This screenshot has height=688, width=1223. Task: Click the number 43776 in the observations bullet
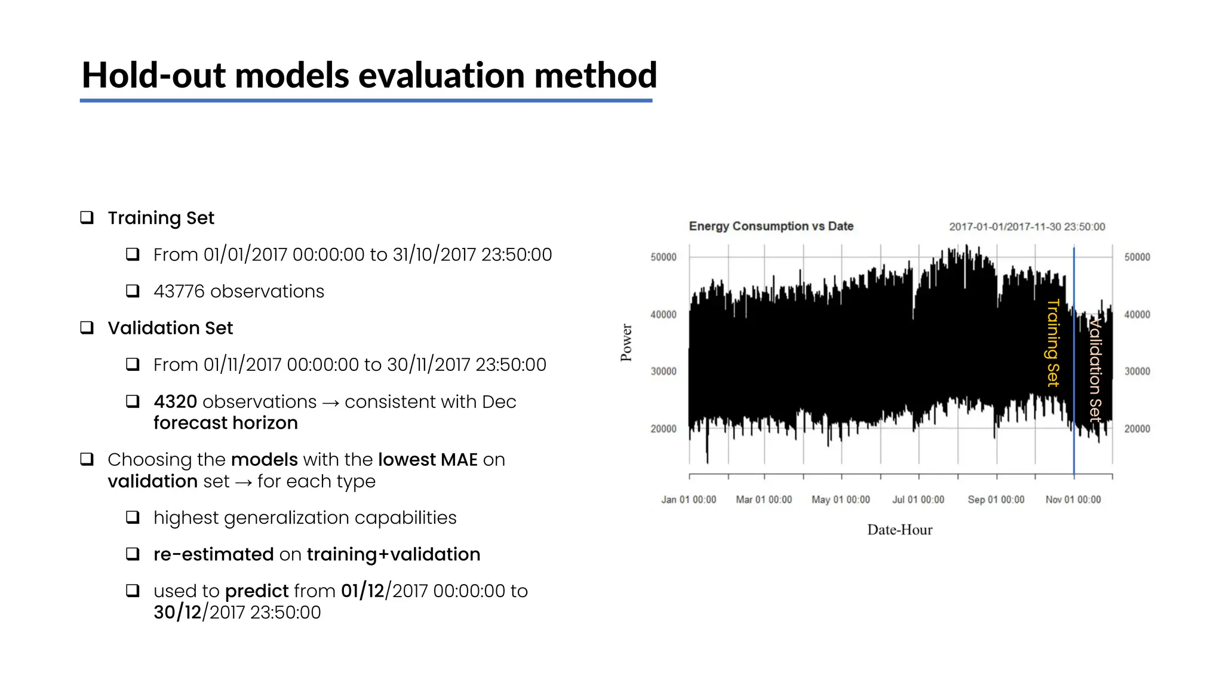(x=179, y=291)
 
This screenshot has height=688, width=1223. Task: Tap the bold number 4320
(x=175, y=402)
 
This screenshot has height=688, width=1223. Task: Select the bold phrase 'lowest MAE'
(x=428, y=460)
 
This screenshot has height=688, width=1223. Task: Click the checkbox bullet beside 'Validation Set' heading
(x=87, y=327)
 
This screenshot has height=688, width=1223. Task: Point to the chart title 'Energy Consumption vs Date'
(x=771, y=226)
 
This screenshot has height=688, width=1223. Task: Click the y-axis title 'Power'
(x=626, y=343)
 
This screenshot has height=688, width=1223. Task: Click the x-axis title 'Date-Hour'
(x=899, y=530)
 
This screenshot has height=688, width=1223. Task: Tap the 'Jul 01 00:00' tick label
(x=918, y=500)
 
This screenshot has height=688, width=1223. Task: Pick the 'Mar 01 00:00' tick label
(x=764, y=500)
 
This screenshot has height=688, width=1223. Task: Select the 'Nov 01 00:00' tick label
(x=1073, y=500)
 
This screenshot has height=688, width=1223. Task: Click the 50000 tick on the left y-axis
(x=663, y=257)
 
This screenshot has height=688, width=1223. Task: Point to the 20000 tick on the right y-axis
(x=1137, y=429)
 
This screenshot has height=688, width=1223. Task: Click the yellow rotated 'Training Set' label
(x=1053, y=343)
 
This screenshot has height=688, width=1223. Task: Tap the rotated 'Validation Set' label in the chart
(x=1095, y=370)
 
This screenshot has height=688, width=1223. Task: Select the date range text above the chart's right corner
(x=1027, y=227)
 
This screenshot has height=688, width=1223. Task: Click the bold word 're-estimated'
(x=213, y=554)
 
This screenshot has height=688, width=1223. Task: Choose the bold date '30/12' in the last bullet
(x=177, y=612)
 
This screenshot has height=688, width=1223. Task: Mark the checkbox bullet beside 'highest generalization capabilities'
(x=133, y=517)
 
